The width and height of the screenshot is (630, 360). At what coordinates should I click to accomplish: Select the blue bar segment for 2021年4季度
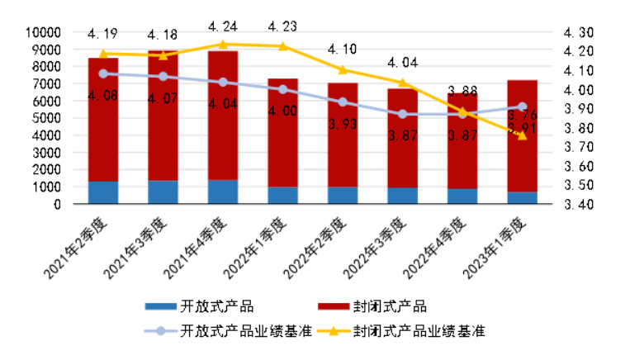[x=223, y=192]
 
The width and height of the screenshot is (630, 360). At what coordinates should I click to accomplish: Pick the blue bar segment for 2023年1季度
[x=522, y=198]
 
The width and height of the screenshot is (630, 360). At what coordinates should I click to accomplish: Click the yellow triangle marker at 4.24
[x=223, y=44]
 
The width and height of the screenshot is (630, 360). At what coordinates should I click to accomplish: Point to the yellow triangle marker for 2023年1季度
[x=522, y=135]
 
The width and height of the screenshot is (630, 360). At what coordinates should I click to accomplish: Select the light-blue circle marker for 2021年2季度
[x=103, y=73]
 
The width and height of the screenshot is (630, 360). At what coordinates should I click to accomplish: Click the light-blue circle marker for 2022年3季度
[x=402, y=114]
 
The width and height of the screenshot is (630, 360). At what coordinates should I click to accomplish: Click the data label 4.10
[x=343, y=49]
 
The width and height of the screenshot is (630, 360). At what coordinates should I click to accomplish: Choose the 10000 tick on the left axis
[x=45, y=32]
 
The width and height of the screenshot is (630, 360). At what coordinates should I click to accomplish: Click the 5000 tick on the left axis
[x=48, y=118]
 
